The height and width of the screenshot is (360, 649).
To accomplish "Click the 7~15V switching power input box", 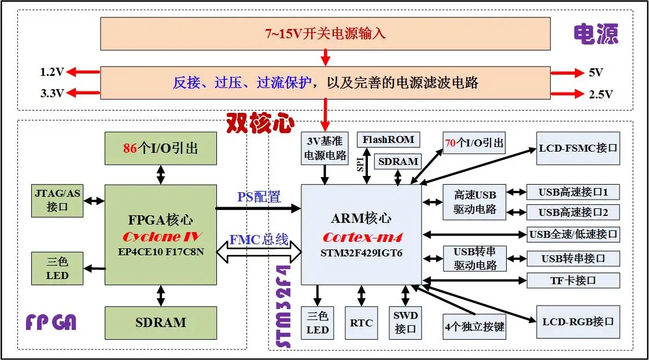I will (x=325, y=34).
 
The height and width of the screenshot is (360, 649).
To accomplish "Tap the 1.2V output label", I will (x=51, y=72).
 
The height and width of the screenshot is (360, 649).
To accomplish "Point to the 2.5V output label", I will (x=600, y=94).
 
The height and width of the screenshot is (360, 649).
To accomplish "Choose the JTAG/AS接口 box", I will (x=57, y=200).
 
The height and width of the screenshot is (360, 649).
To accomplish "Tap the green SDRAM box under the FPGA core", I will (x=161, y=322).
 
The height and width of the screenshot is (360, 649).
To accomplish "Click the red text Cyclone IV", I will (x=161, y=237).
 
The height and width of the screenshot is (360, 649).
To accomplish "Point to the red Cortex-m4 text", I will (x=362, y=237).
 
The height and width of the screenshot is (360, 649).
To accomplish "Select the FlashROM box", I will (x=388, y=139).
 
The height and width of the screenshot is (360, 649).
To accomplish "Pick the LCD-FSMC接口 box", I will (x=578, y=148).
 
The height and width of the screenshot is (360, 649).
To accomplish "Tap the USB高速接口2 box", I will (x=573, y=212).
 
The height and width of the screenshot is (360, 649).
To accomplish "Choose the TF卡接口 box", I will (x=573, y=281).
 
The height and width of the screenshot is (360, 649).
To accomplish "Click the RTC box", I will (x=362, y=322).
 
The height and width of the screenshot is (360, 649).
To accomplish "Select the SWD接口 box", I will (x=405, y=322).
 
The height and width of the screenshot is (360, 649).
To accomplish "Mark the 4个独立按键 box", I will (x=475, y=327).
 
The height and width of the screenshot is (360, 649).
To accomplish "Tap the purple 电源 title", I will (x=596, y=35).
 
